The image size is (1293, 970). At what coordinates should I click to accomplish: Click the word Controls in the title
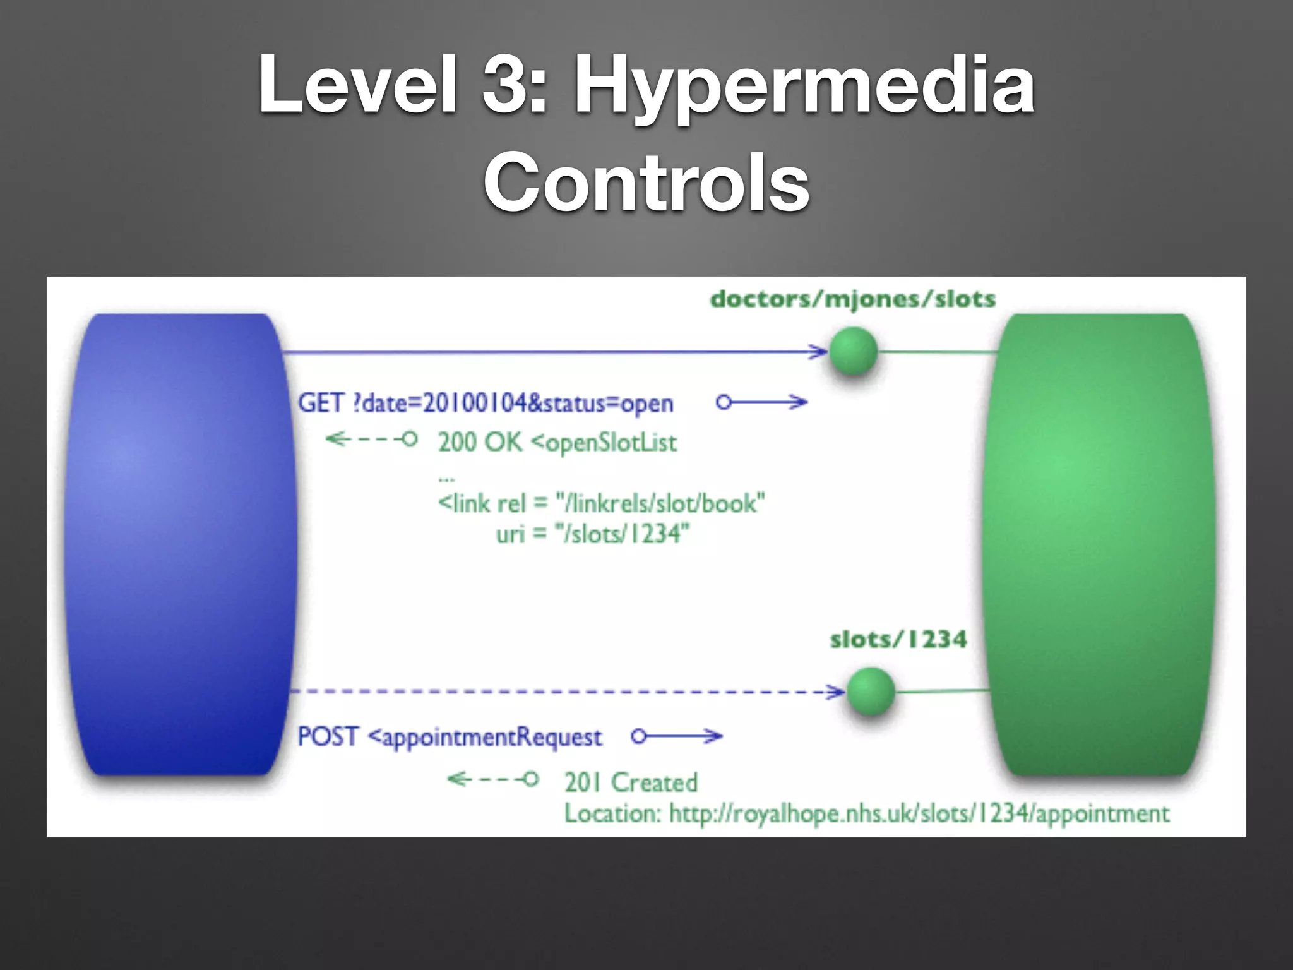tap(646, 183)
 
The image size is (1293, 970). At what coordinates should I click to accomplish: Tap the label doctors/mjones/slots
tap(852, 299)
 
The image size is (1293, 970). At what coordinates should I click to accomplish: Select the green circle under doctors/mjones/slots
tap(853, 351)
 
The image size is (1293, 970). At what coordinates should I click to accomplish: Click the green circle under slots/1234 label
tap(870, 691)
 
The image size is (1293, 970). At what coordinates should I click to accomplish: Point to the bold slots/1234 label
tap(898, 640)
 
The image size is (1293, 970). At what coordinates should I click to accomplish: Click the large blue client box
tap(180, 543)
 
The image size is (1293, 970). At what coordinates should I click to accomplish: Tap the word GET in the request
tap(321, 403)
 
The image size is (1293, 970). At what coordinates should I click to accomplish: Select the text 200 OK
tap(480, 442)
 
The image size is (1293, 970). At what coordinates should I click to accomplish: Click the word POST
tap(328, 737)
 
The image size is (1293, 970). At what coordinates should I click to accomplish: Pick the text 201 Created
tap(631, 782)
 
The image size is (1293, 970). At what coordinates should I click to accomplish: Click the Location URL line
tap(866, 813)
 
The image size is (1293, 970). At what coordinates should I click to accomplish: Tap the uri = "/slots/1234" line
tap(592, 534)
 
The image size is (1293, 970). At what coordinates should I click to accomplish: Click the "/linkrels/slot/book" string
tap(660, 504)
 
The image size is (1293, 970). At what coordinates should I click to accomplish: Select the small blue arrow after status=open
tap(762, 402)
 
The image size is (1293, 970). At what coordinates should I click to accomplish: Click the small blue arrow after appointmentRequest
tap(677, 736)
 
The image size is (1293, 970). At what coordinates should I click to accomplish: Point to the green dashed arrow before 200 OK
tap(371, 439)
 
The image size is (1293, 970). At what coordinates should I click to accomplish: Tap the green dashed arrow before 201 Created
tap(492, 779)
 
